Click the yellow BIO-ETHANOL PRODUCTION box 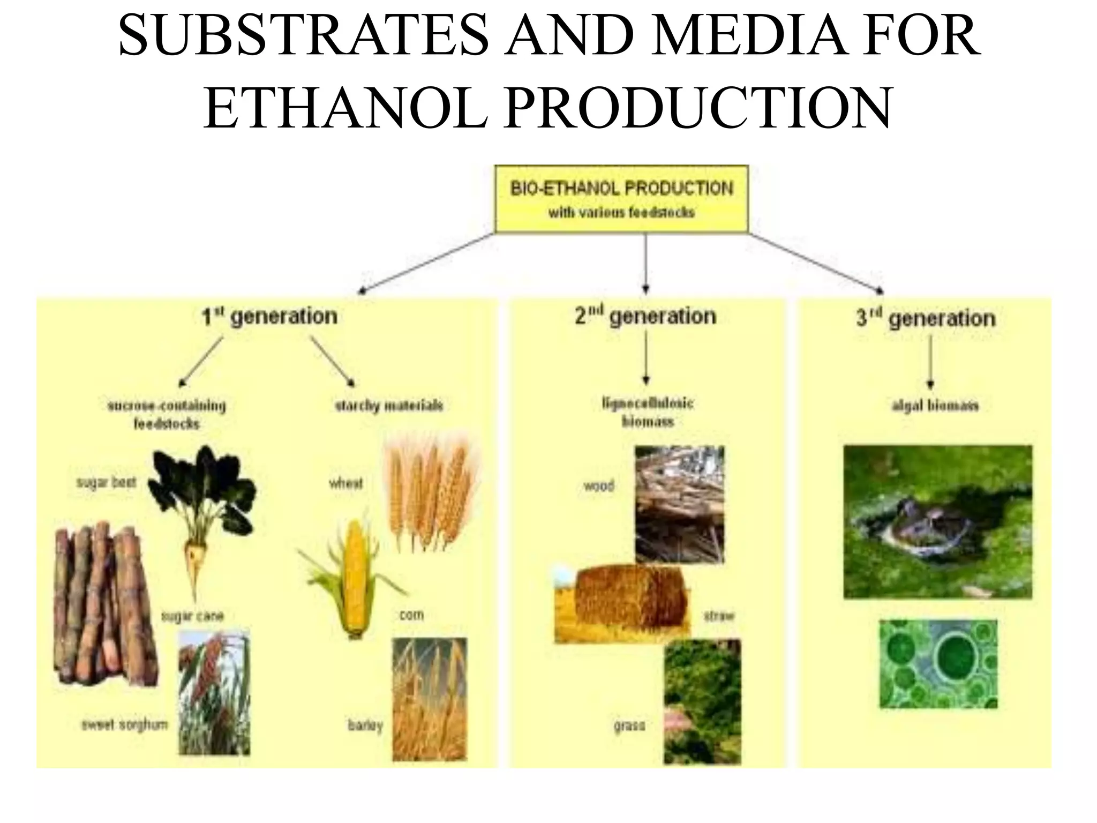tap(621, 199)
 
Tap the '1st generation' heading tap(269, 317)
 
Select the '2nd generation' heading tap(645, 316)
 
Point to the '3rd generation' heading tap(926, 318)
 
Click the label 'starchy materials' tap(389, 406)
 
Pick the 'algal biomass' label tap(935, 406)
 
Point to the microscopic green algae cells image tap(938, 664)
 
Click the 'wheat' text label tap(345, 483)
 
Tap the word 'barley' tap(365, 726)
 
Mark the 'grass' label tap(629, 726)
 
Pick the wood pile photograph tap(679, 504)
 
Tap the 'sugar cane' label tap(192, 616)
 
